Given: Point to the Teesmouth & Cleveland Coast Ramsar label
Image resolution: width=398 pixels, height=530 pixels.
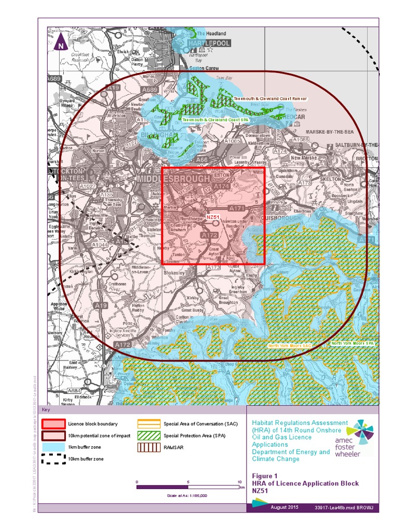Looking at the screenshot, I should click(x=270, y=98).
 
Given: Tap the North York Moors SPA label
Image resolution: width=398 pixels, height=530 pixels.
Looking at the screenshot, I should click(x=352, y=343).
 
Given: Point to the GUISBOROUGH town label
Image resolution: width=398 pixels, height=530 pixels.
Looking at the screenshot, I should click(x=284, y=218).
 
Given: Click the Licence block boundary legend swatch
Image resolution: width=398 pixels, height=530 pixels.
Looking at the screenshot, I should click(x=53, y=424).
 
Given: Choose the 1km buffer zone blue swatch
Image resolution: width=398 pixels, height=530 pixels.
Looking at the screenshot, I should click(x=53, y=447).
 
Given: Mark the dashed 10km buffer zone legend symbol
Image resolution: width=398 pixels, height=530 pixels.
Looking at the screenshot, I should click(x=53, y=459).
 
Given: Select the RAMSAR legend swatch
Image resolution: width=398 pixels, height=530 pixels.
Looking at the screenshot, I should click(x=149, y=447).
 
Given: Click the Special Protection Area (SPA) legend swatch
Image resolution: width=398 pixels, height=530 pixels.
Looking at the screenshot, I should click(x=149, y=435).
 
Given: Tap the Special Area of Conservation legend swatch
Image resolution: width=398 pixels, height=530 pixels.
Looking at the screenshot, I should click(x=149, y=424).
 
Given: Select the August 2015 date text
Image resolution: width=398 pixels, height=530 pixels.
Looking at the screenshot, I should click(x=285, y=507).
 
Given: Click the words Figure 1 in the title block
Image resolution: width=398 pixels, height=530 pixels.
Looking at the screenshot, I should click(x=265, y=476).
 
